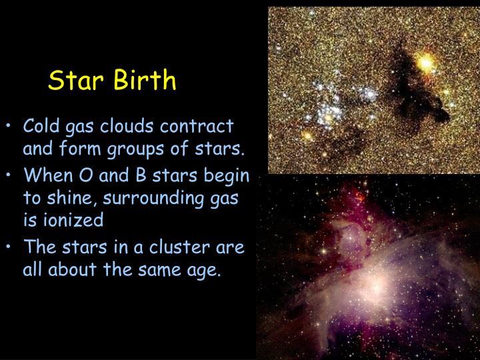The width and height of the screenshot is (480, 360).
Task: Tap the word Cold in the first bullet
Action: (41, 126)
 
